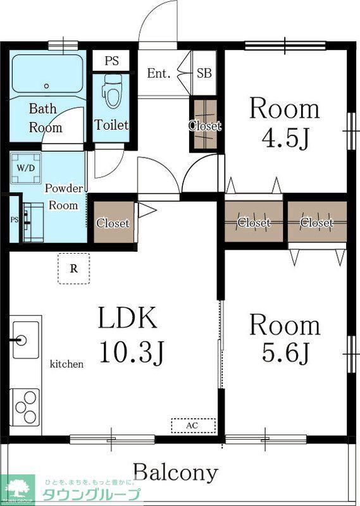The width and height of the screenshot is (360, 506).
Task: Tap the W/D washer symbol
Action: point(26,168)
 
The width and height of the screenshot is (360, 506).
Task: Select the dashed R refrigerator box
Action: point(74,268)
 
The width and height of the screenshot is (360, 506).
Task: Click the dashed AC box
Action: point(193,425)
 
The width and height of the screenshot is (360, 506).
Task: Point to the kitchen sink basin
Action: point(26,340)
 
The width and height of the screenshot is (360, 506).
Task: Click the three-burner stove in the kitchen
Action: point(25,407)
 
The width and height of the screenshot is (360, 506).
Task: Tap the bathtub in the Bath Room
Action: point(47,74)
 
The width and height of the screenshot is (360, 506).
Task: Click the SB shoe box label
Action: point(204,73)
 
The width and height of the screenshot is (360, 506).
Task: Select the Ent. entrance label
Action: point(159,73)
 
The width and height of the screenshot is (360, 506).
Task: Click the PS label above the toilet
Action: point(111,61)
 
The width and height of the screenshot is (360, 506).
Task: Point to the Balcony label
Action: point(176,473)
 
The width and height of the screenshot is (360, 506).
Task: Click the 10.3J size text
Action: point(132,352)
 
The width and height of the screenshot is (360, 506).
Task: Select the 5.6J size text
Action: point(285,352)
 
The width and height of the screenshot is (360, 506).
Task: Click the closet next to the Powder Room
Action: point(113,222)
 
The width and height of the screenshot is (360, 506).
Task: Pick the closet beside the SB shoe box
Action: point(205,125)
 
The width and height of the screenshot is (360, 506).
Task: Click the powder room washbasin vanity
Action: point(33,222)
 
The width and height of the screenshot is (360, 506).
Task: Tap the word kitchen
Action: point(66,364)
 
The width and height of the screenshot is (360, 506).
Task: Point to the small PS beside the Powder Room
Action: point(14,219)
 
